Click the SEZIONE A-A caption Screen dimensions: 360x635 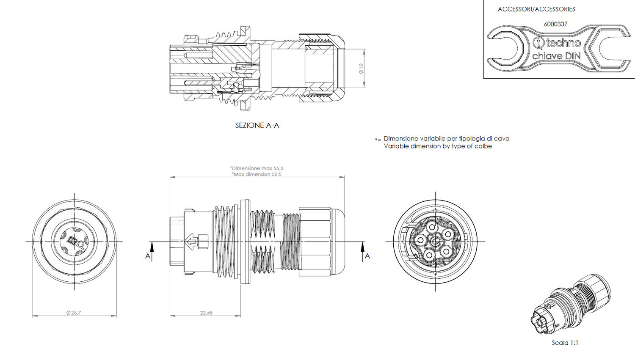[x=257, y=126]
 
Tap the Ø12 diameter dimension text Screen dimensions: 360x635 [x=361, y=69]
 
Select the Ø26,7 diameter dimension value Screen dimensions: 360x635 [x=73, y=313]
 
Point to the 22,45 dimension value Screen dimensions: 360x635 [x=206, y=313]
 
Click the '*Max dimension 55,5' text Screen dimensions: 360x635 [x=257, y=174]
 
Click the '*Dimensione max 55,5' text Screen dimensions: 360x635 [x=257, y=168]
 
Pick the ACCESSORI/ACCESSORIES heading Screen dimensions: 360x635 [x=536, y=9]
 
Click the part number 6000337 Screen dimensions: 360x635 [x=555, y=24]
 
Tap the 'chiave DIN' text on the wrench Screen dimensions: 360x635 [x=556, y=56]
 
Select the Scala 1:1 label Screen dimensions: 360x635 [x=565, y=343]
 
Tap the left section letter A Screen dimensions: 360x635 [x=148, y=256]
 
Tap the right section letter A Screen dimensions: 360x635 [x=367, y=256]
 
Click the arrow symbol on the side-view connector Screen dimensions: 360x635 [x=191, y=242]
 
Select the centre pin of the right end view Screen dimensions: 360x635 [x=435, y=242]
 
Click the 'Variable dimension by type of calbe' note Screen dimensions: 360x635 [x=438, y=146]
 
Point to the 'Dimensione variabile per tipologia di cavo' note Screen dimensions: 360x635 [x=446, y=139]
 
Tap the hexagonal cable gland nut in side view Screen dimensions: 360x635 [x=315, y=242]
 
